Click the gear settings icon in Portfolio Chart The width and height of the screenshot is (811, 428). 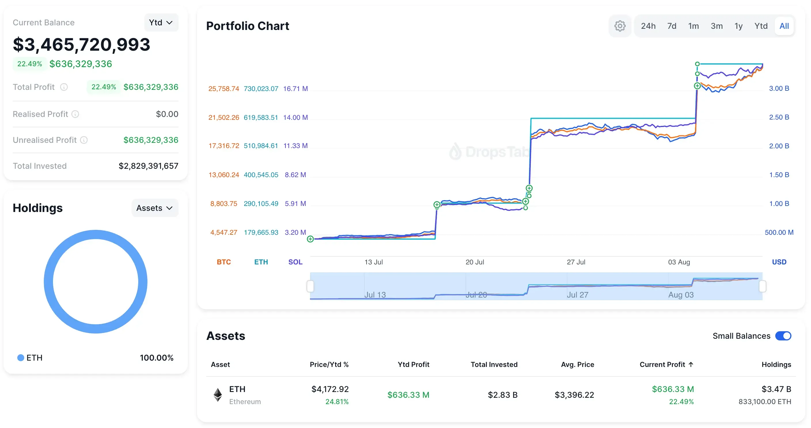coord(619,26)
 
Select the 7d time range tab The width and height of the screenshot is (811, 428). coord(672,26)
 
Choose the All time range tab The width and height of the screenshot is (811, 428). coord(784,26)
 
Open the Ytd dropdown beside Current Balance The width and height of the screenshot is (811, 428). coord(161,22)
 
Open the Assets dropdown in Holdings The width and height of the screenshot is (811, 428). coord(155,208)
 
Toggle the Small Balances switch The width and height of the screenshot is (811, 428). coord(783,336)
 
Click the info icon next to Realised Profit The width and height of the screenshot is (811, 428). coord(75,114)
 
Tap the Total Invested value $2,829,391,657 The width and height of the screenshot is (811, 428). coord(148,166)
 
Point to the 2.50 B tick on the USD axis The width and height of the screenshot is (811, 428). coord(779,117)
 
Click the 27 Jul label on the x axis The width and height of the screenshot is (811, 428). coord(576,262)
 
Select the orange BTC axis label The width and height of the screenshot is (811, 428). coord(223,262)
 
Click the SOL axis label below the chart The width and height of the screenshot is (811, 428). coord(295,262)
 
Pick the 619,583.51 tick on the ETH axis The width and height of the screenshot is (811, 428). coord(261,118)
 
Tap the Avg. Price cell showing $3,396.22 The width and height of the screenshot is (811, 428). coord(574,395)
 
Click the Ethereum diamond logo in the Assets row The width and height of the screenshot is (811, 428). coord(217,395)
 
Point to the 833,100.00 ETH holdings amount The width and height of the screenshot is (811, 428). coord(764,402)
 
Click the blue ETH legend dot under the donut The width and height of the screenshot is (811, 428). coord(21,358)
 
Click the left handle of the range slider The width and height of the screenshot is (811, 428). coord(310,286)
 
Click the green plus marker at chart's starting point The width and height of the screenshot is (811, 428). coord(310,239)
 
